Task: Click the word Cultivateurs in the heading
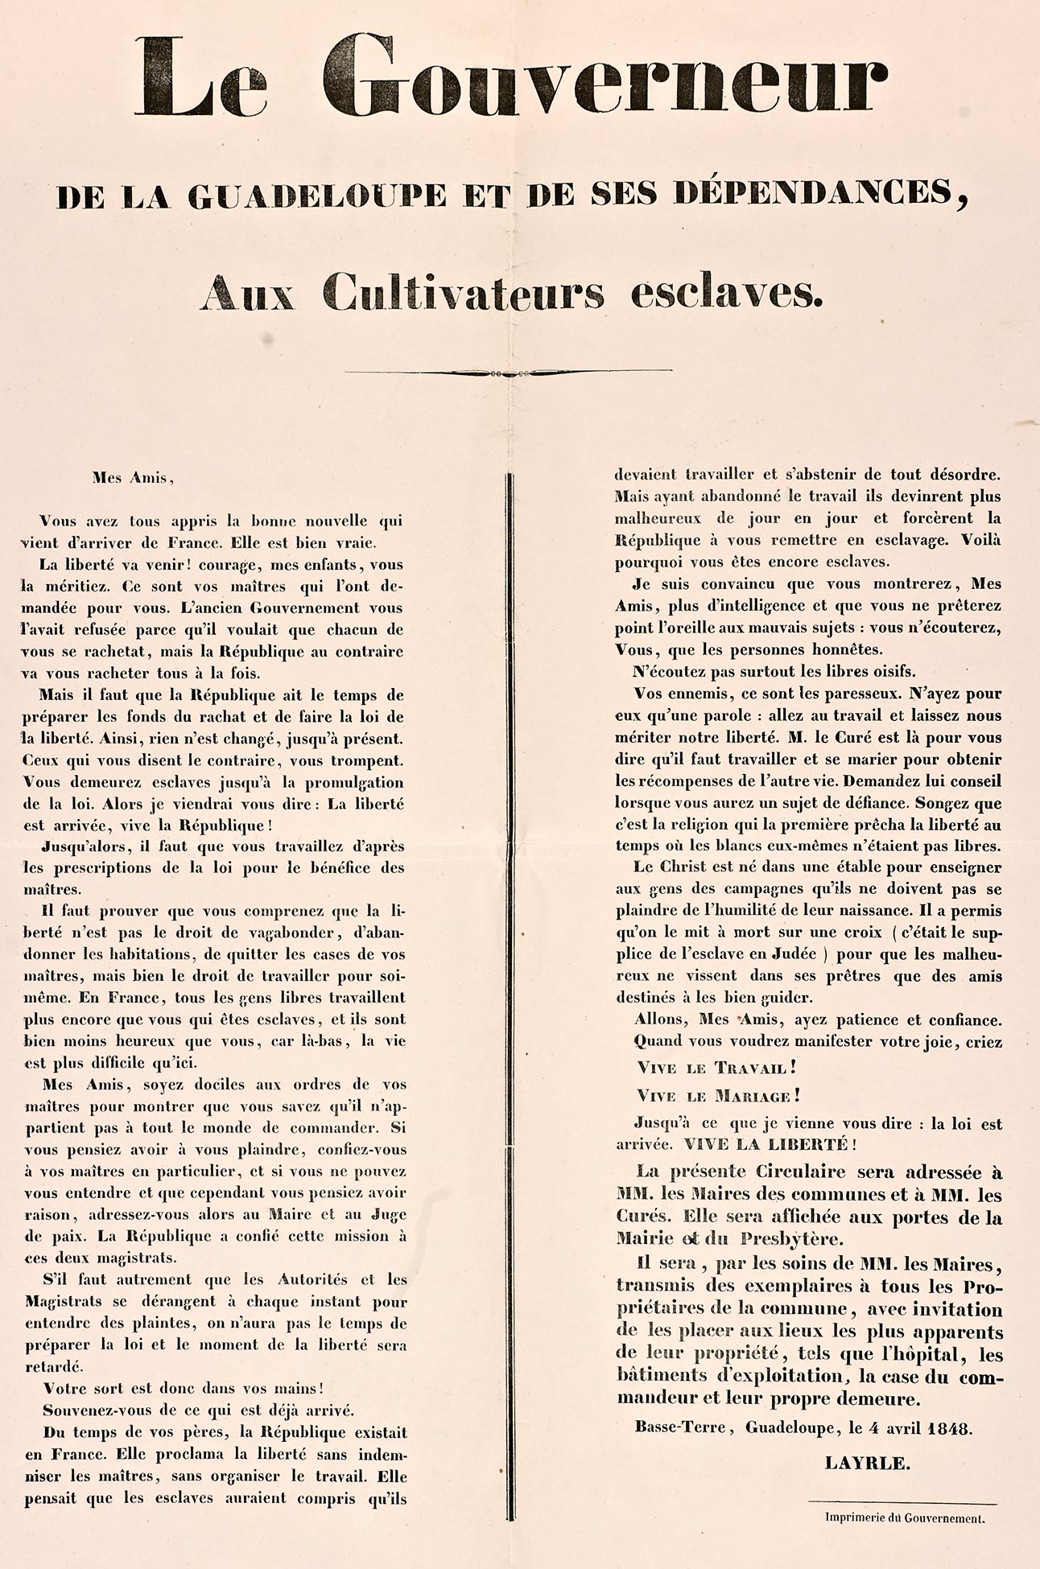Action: tap(463, 293)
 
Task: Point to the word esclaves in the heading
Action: tap(727, 293)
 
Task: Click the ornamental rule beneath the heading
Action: tap(508, 373)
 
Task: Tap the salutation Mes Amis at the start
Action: tap(132, 478)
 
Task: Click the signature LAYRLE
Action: tap(867, 1464)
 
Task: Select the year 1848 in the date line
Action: tap(948, 1429)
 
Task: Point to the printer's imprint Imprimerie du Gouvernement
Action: tap(904, 1518)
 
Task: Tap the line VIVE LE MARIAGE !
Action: tap(718, 1096)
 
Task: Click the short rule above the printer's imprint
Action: tap(902, 1502)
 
